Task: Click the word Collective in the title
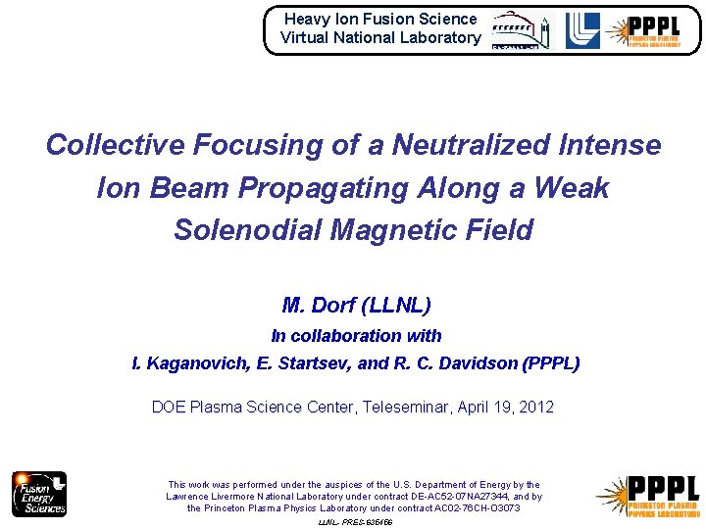pos(115,145)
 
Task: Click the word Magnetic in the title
pos(385,230)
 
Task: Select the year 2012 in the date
pos(534,407)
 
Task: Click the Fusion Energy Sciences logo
pos(39,494)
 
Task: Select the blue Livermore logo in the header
pos(582,30)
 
